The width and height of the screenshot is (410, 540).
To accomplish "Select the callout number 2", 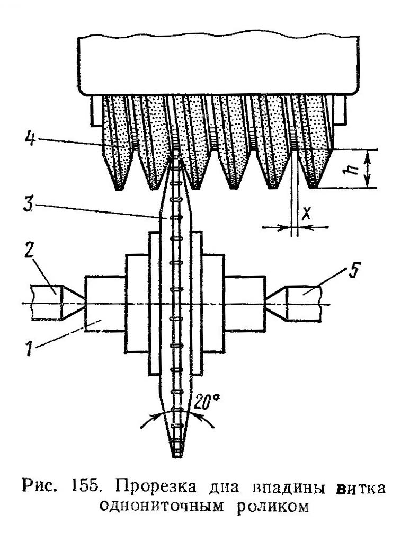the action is pyautogui.click(x=29, y=252).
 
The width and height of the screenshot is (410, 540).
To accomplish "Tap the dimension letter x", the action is pyautogui.click(x=306, y=215).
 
